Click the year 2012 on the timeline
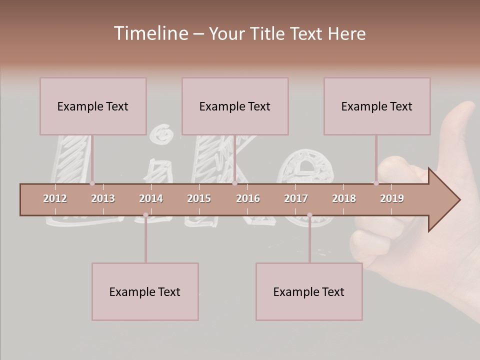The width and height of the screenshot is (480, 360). pyautogui.click(x=55, y=198)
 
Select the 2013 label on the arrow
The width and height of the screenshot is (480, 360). pyautogui.click(x=103, y=198)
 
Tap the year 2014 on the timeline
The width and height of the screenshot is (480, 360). pyautogui.click(x=151, y=198)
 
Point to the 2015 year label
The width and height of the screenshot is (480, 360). pyautogui.click(x=199, y=198)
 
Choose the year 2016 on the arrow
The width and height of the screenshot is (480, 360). pyautogui.click(x=248, y=198)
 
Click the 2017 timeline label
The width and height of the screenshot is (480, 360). pyautogui.click(x=296, y=198)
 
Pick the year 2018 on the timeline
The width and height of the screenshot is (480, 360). pyautogui.click(x=344, y=198)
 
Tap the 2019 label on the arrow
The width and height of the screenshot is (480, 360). pyautogui.click(x=392, y=198)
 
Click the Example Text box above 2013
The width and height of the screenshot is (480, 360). pyautogui.click(x=93, y=106)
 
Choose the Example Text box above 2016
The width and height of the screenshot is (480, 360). pyautogui.click(x=235, y=106)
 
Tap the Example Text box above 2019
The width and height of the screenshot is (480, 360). pyautogui.click(x=377, y=106)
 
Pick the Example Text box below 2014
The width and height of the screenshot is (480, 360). pyautogui.click(x=145, y=291)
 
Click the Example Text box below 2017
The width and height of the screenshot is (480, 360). pyautogui.click(x=309, y=291)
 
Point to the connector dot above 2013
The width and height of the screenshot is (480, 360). pyautogui.click(x=92, y=183)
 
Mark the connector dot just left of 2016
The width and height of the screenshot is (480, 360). pyautogui.click(x=234, y=183)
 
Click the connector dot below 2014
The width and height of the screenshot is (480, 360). pyautogui.click(x=145, y=215)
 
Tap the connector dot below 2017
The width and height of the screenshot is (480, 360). pyautogui.click(x=309, y=215)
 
